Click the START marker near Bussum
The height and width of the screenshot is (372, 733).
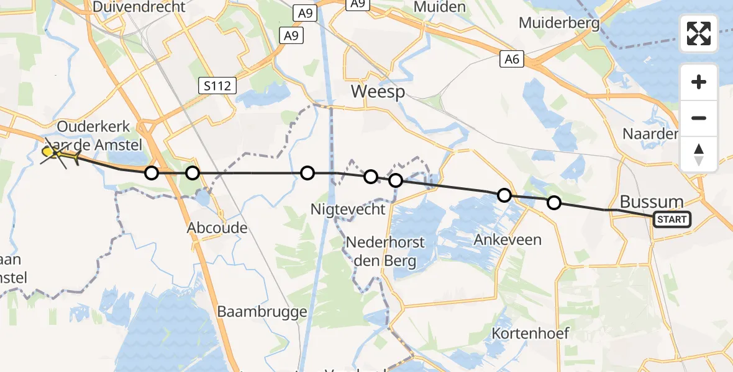click(x=672, y=219)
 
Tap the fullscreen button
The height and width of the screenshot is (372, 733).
click(x=699, y=33)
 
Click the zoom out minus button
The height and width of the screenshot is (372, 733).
click(x=699, y=118)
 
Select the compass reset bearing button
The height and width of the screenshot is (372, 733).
click(x=699, y=154)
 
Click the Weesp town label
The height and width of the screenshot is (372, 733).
click(x=378, y=92)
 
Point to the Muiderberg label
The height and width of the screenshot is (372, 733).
click(x=560, y=24)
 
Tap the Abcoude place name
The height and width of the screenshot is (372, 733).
click(x=217, y=228)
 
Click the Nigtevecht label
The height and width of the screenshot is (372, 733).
click(x=348, y=210)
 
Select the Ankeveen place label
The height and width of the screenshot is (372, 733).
click(x=508, y=239)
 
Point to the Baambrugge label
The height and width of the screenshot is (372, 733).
click(x=262, y=311)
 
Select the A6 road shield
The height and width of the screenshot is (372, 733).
click(x=512, y=60)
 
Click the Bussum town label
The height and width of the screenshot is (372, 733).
click(x=652, y=201)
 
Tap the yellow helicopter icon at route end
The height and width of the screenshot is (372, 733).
click(x=61, y=154)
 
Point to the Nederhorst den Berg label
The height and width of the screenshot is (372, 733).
click(x=385, y=251)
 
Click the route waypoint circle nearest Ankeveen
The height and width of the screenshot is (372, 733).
click(x=504, y=195)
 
